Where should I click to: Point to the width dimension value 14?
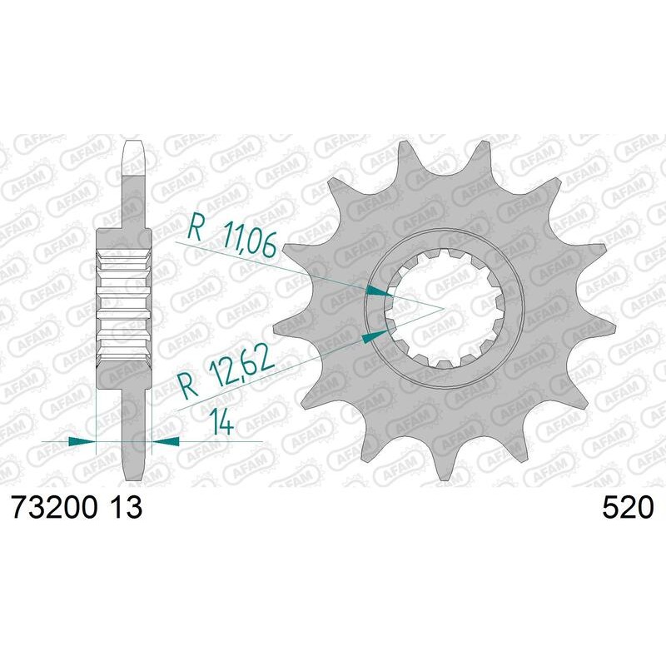click(x=221, y=423)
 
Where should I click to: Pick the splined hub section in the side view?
click(x=124, y=297)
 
